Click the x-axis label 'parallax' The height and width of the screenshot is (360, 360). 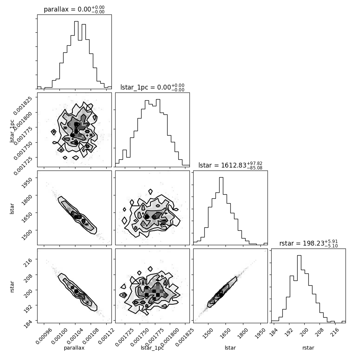point(74,348)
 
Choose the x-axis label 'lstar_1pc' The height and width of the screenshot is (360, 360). point(152,348)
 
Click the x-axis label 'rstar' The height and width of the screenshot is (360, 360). point(308,348)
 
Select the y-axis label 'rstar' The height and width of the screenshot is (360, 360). point(12,286)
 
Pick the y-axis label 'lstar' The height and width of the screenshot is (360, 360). point(12,208)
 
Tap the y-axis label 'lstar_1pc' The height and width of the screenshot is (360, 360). point(12,130)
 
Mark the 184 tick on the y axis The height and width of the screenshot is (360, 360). point(30,320)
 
